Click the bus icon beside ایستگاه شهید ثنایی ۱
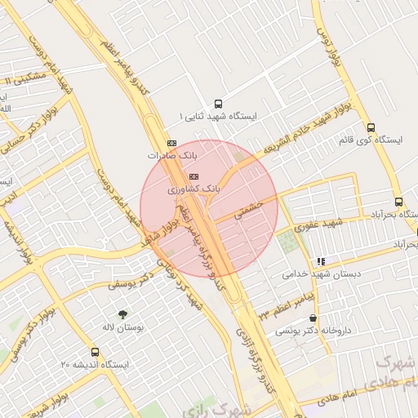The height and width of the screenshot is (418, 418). tap(218, 104)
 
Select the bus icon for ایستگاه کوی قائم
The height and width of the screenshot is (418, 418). tap(371, 127)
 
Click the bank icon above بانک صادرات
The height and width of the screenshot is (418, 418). tap(171, 142)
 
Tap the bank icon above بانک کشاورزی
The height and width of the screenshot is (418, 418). tap(193, 176)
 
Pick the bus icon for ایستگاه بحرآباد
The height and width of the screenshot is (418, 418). tap(398, 202)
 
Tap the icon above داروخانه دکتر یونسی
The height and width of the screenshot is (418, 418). tap(313, 319)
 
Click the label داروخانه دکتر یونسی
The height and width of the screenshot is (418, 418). tap(306, 331)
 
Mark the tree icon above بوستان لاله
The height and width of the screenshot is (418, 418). tap(123, 314)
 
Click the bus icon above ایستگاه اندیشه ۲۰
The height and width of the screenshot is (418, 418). tap(96, 353)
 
